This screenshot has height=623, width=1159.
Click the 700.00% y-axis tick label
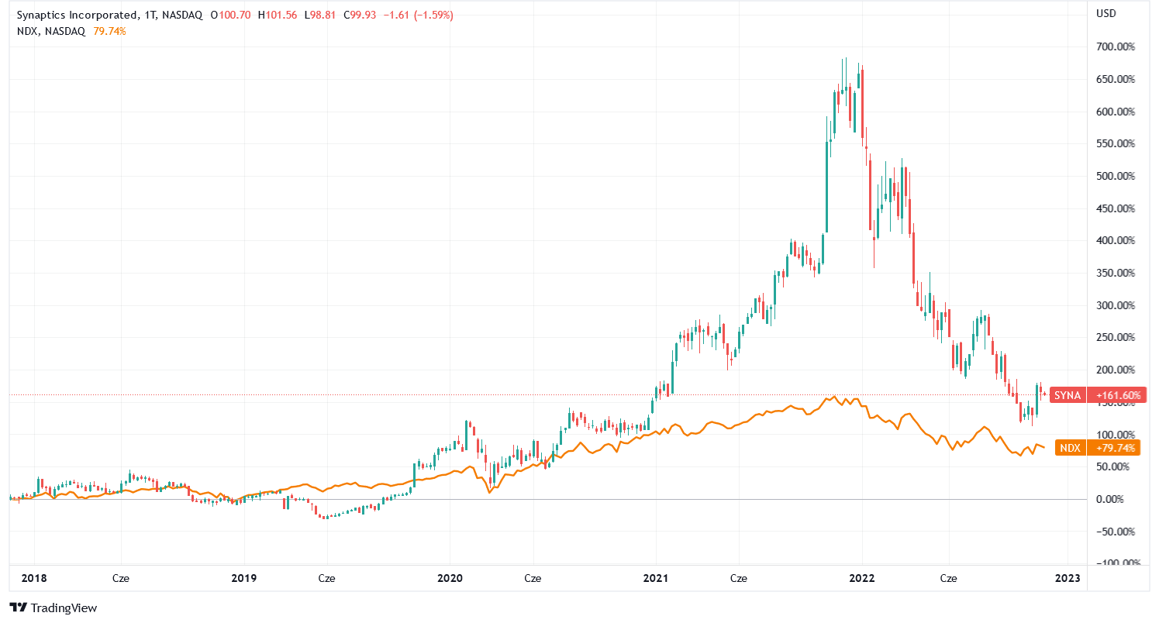tap(1116, 47)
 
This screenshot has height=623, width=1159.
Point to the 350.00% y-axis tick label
tap(1116, 273)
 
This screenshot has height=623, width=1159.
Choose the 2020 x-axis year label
tap(450, 578)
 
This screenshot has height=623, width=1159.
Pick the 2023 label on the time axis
tap(1068, 578)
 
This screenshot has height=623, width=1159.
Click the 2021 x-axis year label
tap(656, 578)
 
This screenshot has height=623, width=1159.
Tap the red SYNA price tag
tap(1067, 395)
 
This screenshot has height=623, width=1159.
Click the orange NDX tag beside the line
tap(1070, 449)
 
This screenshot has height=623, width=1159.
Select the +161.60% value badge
tap(1117, 395)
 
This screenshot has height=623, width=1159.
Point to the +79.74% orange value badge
tap(1117, 449)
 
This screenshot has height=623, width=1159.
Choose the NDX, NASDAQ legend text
tap(50, 31)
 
